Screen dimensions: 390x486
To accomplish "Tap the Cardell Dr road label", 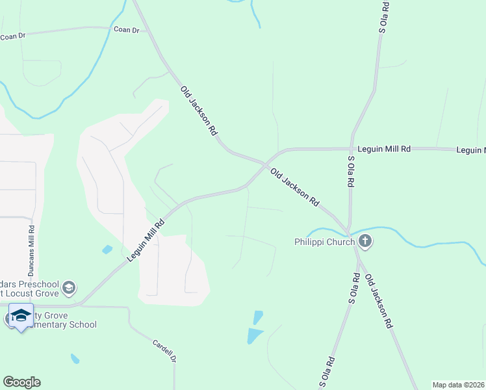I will (x=165, y=351).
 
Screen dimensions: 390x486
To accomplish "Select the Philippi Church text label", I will (x=323, y=242).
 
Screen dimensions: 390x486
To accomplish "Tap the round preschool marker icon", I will (x=70, y=287).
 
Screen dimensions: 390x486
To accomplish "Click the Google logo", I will (x=21, y=382).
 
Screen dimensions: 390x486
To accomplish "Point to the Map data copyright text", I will (x=458, y=384).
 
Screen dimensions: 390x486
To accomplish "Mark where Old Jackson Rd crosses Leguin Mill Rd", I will (x=265, y=162).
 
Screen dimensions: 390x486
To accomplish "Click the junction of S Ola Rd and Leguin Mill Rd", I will (x=351, y=149).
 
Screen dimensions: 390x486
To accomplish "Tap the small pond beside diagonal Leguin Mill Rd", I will (x=107, y=250).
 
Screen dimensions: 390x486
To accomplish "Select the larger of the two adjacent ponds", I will (x=254, y=336).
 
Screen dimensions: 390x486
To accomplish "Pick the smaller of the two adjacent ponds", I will (x=259, y=317).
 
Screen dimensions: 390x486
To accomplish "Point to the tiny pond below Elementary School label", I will (x=75, y=358).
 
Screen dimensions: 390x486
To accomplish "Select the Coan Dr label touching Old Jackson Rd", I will (x=127, y=30).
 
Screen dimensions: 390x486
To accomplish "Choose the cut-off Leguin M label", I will (x=471, y=150).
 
